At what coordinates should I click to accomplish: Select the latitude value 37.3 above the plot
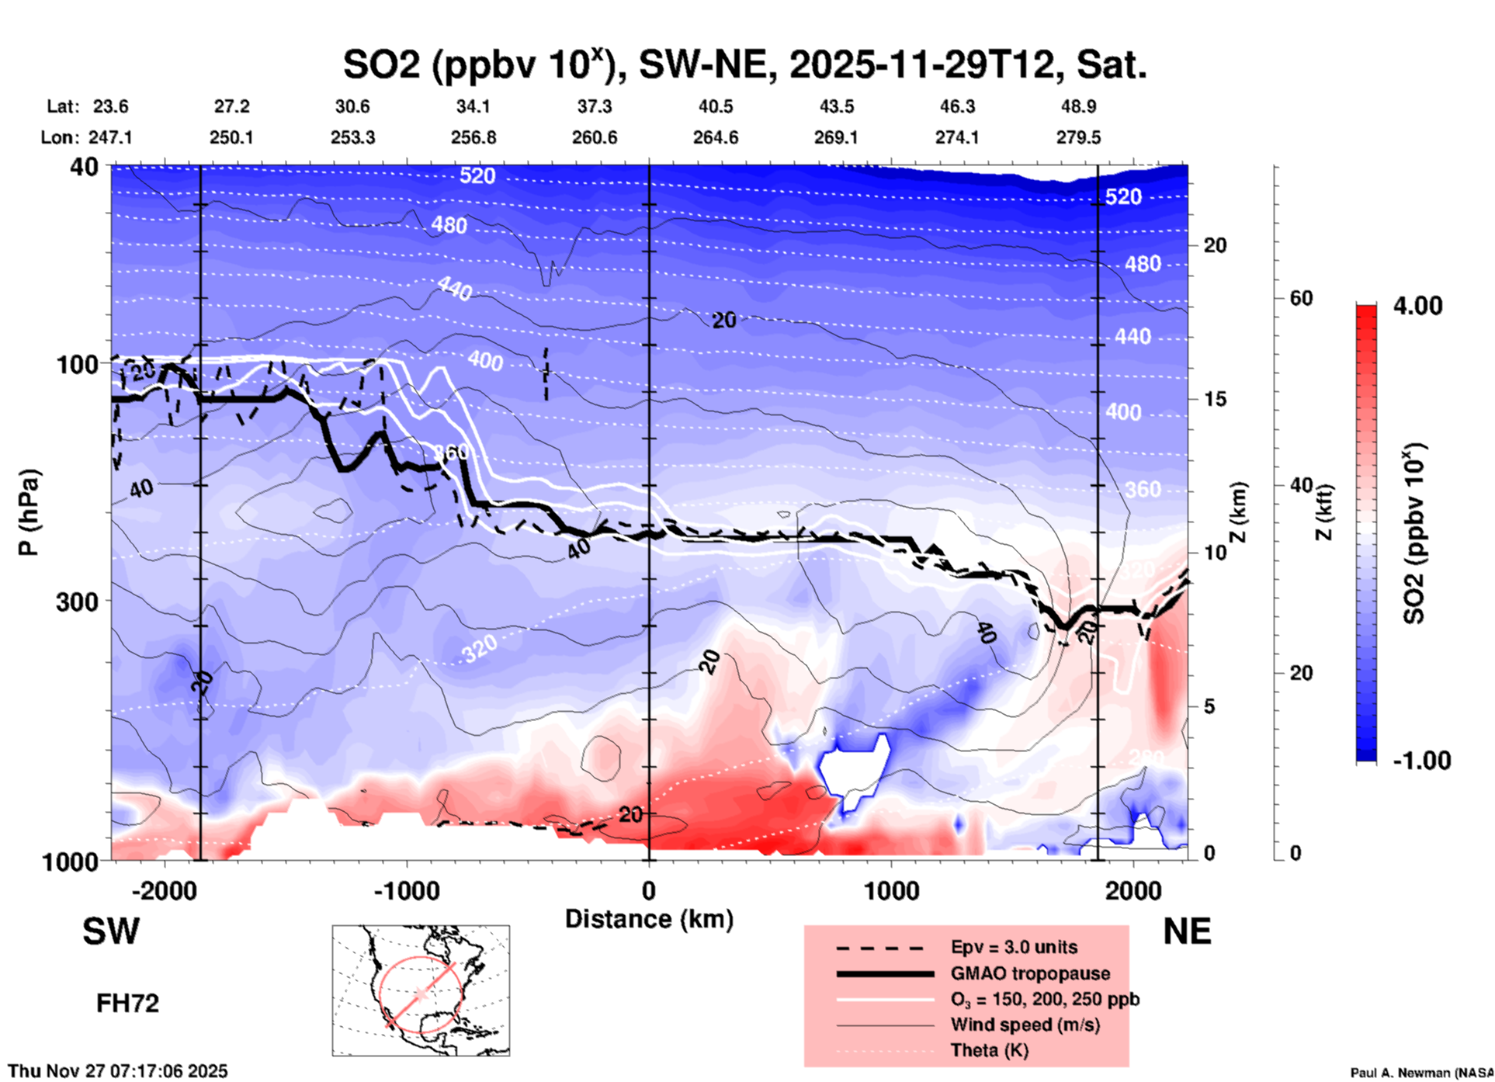point(595,106)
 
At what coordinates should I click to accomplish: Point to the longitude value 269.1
point(836,137)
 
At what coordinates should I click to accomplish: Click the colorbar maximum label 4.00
point(1417,305)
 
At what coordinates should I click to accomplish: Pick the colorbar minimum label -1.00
point(1421,761)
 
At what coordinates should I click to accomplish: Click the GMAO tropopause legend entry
point(1030,973)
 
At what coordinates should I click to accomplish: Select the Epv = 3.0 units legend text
point(1014,947)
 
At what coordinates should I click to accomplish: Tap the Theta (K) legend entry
point(989,1050)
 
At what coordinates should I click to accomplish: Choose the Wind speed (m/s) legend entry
point(1025,1025)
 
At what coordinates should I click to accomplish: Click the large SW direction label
point(111,931)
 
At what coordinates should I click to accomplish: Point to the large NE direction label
point(1187,931)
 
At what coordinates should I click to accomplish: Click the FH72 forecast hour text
point(127,1004)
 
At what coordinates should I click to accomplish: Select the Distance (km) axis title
point(649,919)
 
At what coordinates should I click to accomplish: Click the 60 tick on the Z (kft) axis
point(1301,298)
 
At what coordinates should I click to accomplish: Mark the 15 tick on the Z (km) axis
point(1215,399)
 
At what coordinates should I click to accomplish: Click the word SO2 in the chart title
point(382,65)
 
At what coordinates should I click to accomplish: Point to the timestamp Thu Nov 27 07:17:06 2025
point(118,1071)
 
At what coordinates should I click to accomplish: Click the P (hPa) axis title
point(29,512)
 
